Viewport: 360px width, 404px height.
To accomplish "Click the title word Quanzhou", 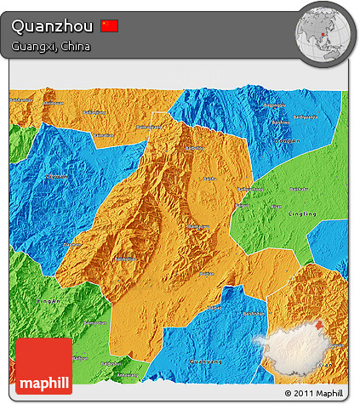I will pyautogui.click(x=51, y=26).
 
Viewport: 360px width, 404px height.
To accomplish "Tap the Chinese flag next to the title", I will pyautogui.click(x=109, y=26).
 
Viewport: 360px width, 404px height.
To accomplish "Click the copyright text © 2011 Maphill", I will pyautogui.click(x=314, y=394).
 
